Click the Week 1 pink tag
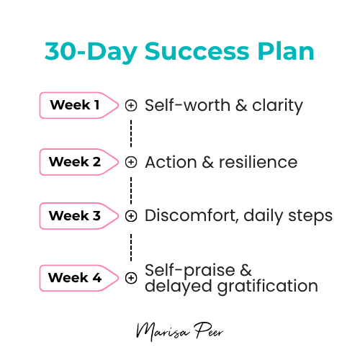(x=77, y=105)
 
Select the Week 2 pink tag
(x=77, y=162)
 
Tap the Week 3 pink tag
(x=77, y=215)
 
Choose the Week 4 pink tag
(x=77, y=277)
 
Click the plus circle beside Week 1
(x=131, y=105)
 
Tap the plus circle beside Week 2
(x=131, y=162)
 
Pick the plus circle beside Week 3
(x=131, y=215)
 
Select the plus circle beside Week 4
(x=131, y=277)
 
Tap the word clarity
(x=277, y=106)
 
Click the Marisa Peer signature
(x=179, y=332)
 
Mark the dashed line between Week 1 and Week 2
(x=131, y=133)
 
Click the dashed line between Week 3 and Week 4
(x=131, y=246)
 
